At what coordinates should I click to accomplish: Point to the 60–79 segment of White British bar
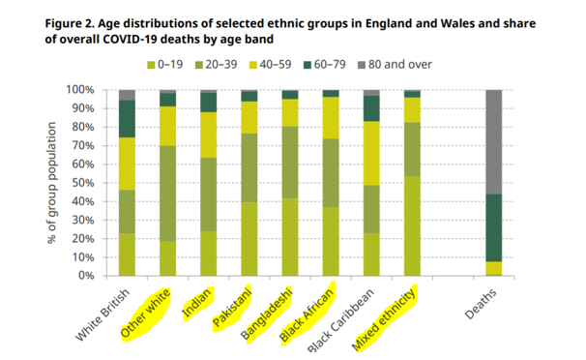coord(127,118)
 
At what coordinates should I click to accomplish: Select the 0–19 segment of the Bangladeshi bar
coord(290,236)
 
